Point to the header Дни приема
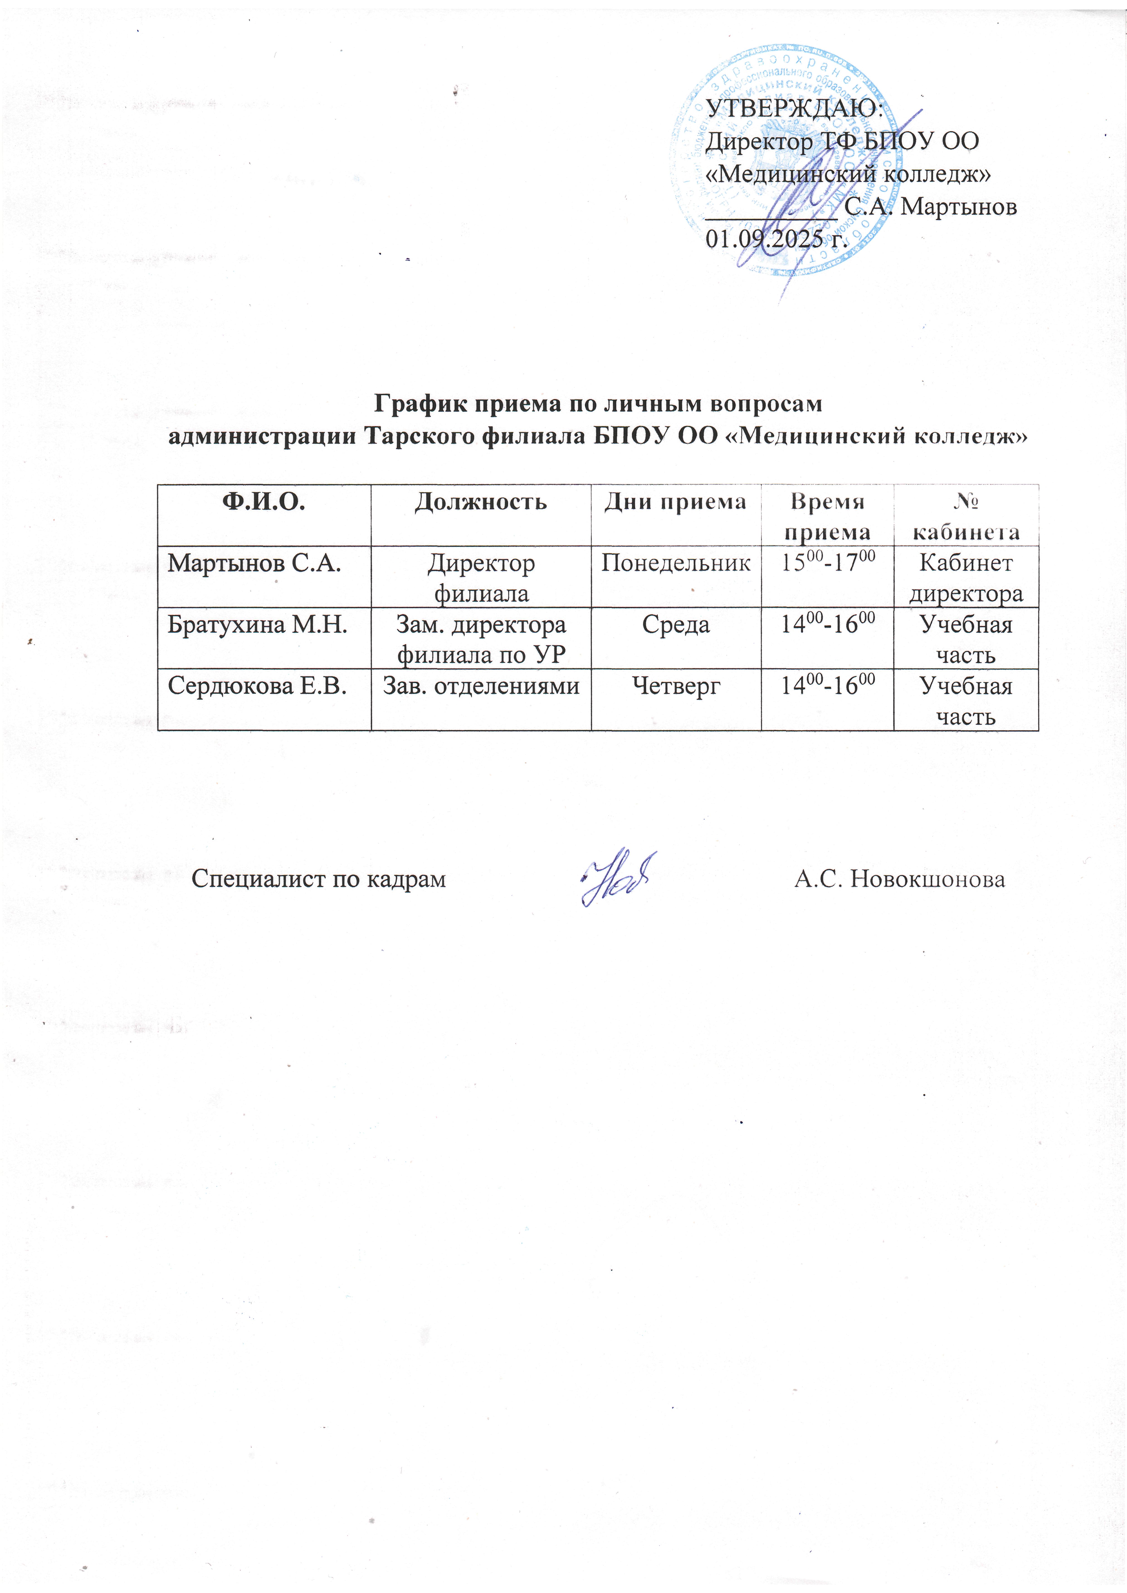(675, 502)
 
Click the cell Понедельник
(675, 563)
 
